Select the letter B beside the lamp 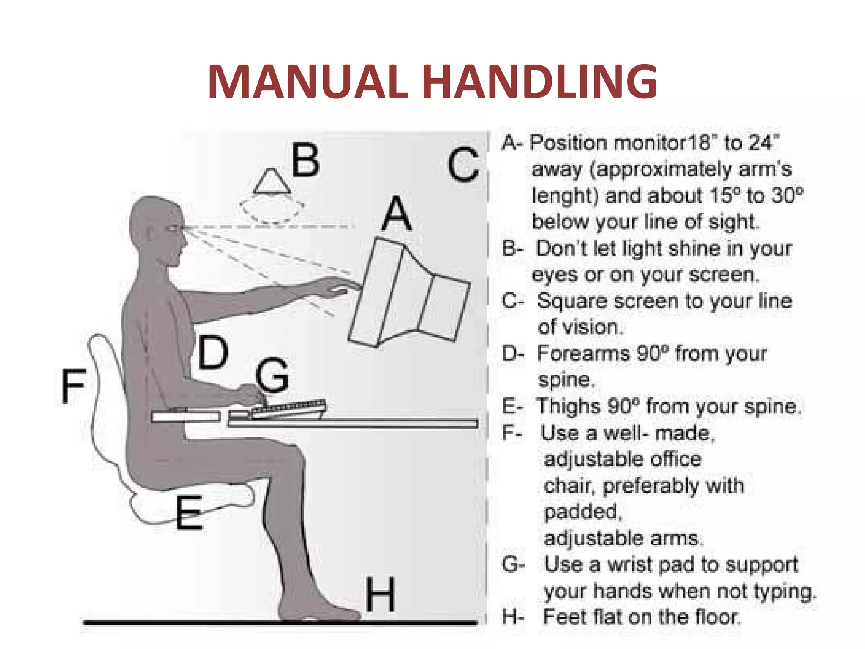click(305, 160)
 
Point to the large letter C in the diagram click(463, 165)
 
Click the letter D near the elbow click(213, 352)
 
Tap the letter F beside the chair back click(73, 385)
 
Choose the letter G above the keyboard click(272, 375)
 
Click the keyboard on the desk click(289, 408)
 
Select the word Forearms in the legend click(583, 353)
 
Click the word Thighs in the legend click(568, 406)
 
